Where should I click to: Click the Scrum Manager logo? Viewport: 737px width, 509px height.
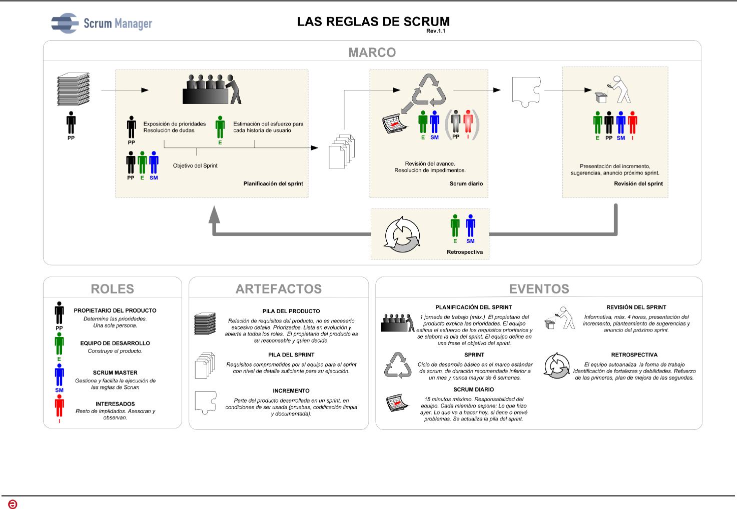pyautogui.click(x=102, y=23)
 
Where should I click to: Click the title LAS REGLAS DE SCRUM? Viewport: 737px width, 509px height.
pyautogui.click(x=373, y=21)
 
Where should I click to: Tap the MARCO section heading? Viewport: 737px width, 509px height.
pyautogui.click(x=372, y=52)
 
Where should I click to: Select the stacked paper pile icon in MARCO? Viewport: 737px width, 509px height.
pyautogui.click(x=73, y=89)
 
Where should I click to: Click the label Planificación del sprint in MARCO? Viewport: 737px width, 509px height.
pyautogui.click(x=273, y=183)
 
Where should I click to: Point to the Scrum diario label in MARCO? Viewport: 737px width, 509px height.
pyautogui.click(x=466, y=183)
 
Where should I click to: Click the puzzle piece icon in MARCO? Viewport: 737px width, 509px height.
pyautogui.click(x=526, y=91)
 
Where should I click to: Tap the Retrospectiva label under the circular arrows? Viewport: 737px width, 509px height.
pyautogui.click(x=465, y=252)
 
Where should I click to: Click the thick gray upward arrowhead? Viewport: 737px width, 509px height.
pyautogui.click(x=214, y=215)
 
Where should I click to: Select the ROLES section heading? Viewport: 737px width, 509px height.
pyautogui.click(x=113, y=289)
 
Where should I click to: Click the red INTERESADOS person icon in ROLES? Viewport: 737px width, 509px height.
pyautogui.click(x=60, y=406)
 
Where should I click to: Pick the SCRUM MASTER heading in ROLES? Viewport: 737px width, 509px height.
pyautogui.click(x=115, y=372)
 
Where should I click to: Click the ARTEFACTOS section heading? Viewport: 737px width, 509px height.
pyautogui.click(x=279, y=289)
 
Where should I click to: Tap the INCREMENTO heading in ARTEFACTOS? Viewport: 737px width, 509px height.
pyautogui.click(x=291, y=390)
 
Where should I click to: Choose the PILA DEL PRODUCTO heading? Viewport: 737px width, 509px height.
pyautogui.click(x=291, y=311)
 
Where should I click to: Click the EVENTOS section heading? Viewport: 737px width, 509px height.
pyautogui.click(x=539, y=289)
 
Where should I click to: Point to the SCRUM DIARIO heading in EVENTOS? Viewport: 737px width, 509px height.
pyautogui.click(x=473, y=389)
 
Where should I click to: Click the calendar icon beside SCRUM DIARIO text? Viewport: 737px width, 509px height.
pyautogui.click(x=398, y=403)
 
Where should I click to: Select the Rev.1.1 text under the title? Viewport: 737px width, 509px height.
pyautogui.click(x=435, y=31)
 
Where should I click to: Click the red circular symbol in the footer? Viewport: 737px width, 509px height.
pyautogui.click(x=13, y=504)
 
